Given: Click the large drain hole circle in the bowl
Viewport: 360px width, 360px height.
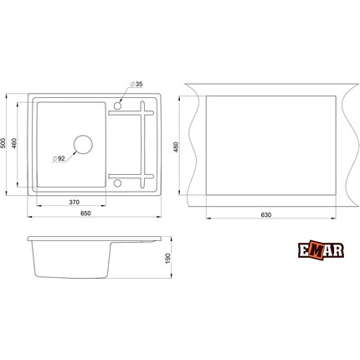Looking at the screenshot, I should (83, 144).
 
